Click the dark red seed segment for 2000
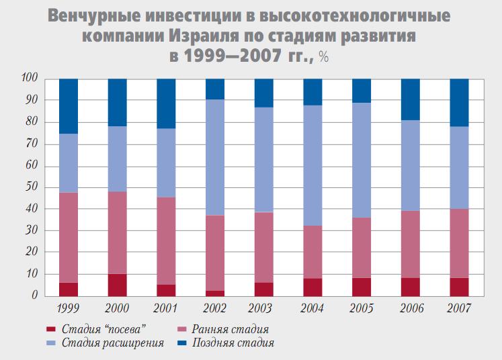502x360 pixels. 118,285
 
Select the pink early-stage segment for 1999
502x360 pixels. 69,238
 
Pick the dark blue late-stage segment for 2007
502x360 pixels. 459,102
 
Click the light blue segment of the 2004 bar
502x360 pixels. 312,165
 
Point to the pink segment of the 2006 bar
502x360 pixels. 411,244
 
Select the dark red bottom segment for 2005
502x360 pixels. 362,287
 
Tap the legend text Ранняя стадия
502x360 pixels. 231,329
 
